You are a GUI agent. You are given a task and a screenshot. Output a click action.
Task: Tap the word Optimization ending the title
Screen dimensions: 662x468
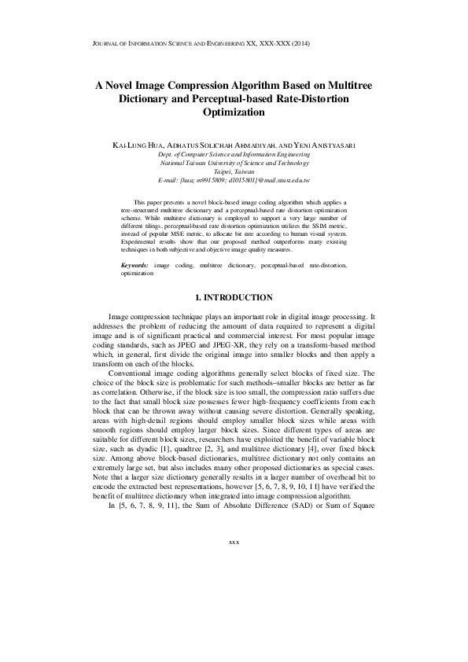point(234,112)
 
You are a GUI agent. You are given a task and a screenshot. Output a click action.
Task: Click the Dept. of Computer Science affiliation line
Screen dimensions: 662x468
point(234,156)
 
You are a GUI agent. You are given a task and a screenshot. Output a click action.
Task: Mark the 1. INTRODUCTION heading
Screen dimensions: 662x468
point(234,297)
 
